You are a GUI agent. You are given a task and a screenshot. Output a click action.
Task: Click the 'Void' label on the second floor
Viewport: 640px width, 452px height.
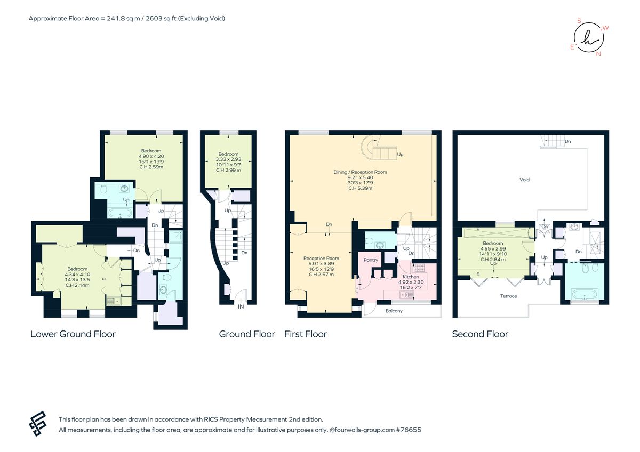coord(524,180)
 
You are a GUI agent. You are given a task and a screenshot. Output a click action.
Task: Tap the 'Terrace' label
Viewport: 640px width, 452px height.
coord(508,296)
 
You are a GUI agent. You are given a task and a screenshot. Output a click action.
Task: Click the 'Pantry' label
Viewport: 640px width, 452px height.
coord(371,260)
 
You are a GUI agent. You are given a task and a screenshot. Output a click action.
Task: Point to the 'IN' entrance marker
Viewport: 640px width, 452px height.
coord(241,308)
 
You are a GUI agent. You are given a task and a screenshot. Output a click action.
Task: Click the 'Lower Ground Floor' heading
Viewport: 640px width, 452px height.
coord(73,334)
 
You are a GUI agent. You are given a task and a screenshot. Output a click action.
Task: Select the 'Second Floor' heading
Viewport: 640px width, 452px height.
coord(480,334)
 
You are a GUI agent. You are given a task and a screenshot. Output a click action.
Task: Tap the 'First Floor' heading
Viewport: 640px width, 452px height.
coord(306,334)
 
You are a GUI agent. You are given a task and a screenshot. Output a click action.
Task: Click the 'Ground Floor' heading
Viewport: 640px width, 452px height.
coord(247,334)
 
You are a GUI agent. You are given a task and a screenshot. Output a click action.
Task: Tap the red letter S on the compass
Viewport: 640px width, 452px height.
coord(579,21)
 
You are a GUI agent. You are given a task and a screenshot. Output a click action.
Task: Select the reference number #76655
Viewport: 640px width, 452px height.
coord(408,429)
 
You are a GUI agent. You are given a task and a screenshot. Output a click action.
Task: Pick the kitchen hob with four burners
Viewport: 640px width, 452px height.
coord(419,268)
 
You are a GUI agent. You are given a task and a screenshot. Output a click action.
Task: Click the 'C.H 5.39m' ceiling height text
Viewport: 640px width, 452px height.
coord(360,188)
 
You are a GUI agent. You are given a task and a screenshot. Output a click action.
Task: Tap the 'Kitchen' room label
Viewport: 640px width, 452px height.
coord(411,277)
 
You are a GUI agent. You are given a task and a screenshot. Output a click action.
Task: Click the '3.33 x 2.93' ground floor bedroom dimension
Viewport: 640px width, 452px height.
coord(228,159)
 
